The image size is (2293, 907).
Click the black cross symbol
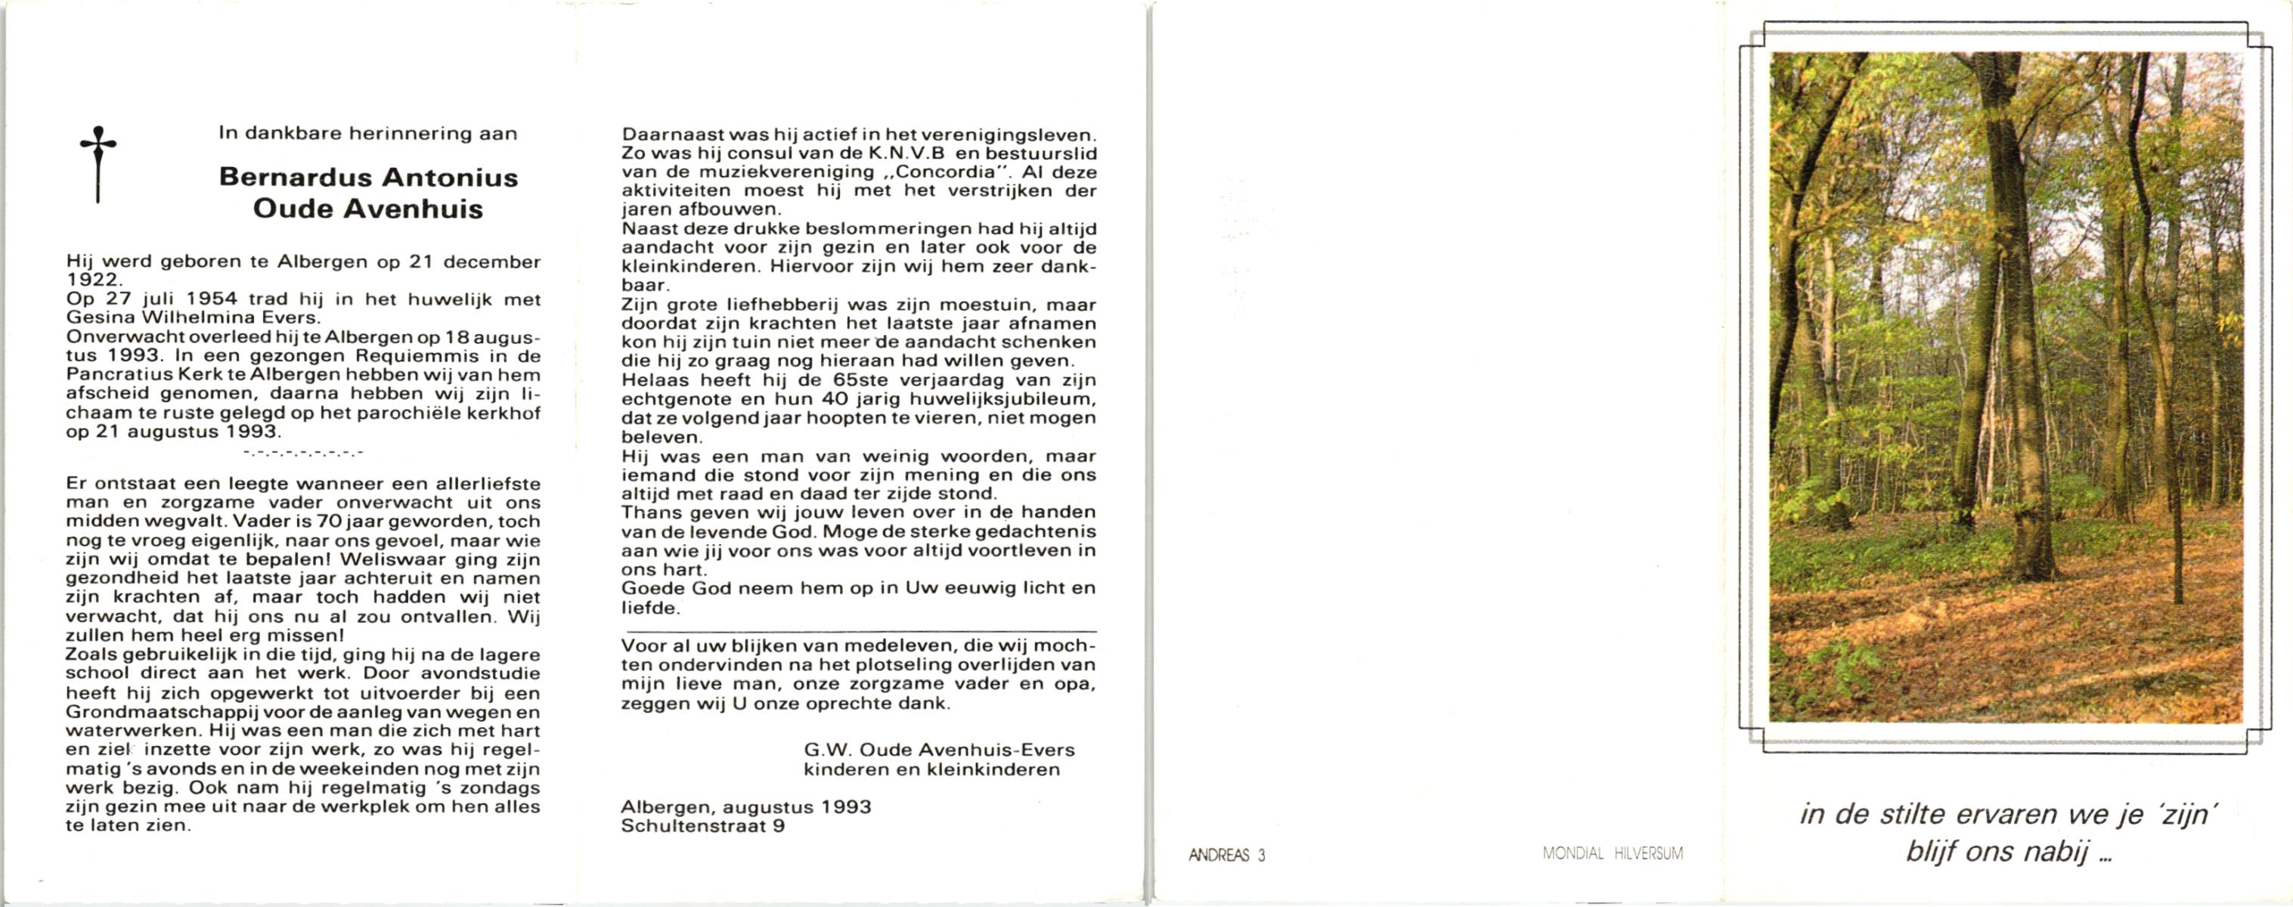pyautogui.click(x=98, y=164)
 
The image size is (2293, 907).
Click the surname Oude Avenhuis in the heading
pyautogui.click(x=367, y=209)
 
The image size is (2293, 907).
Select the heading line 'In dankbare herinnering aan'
pyautogui.click(x=367, y=134)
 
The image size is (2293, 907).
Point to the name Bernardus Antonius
pyautogui.click(x=367, y=177)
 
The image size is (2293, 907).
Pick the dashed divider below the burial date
pyautogui.click(x=303, y=453)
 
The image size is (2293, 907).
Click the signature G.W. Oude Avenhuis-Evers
pyautogui.click(x=939, y=751)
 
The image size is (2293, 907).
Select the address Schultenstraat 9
pyautogui.click(x=702, y=826)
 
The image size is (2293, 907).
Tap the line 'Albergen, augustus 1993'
pyautogui.click(x=746, y=807)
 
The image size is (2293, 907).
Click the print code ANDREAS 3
pyautogui.click(x=1226, y=856)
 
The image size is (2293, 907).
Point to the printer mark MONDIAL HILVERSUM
pyautogui.click(x=1612, y=853)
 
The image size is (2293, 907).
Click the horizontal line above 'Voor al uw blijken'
pyautogui.click(x=858, y=631)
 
